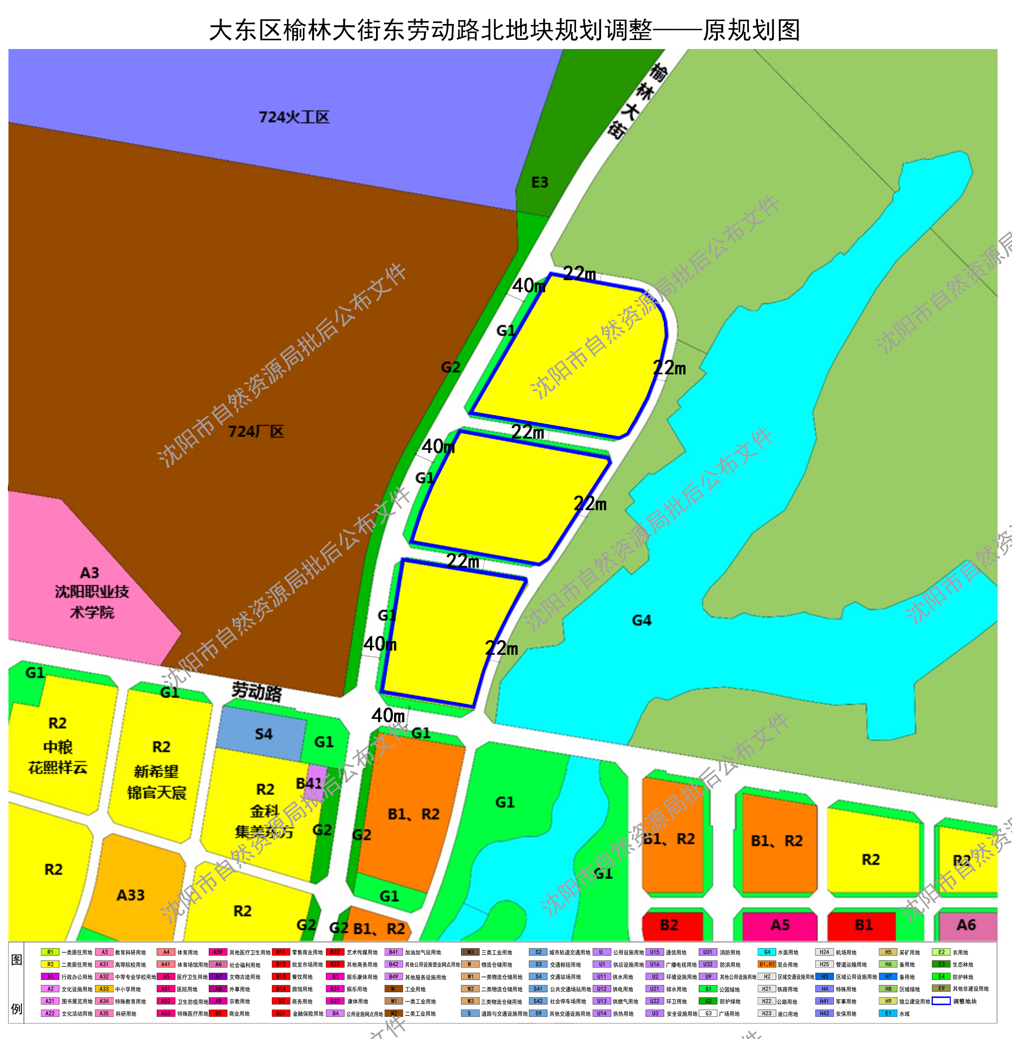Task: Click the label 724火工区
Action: click(x=294, y=117)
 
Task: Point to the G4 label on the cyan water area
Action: click(x=642, y=620)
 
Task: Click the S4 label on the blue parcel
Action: click(x=263, y=734)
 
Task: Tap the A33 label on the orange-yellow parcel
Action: click(x=131, y=895)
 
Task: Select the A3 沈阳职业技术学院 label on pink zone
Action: click(x=91, y=592)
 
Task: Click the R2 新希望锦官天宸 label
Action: click(x=157, y=770)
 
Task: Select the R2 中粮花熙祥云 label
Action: click(x=57, y=746)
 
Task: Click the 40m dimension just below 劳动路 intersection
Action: click(x=388, y=715)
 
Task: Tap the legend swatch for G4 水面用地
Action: click(x=767, y=952)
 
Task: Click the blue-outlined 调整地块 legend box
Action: click(x=941, y=1001)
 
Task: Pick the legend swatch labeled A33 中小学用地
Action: click(x=104, y=989)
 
